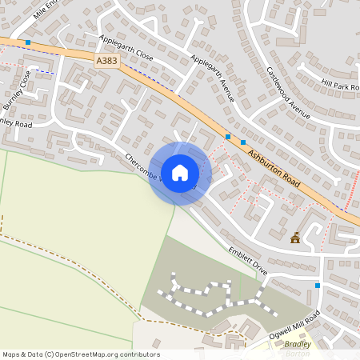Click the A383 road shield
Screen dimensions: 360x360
click(x=106, y=61)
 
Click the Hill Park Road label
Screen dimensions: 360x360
click(x=339, y=85)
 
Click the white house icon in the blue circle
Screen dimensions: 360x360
click(x=179, y=173)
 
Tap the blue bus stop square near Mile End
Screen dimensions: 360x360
click(x=28, y=42)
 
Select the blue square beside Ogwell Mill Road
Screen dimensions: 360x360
click(x=318, y=286)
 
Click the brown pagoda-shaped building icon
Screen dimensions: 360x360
click(x=296, y=237)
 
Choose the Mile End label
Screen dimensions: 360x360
click(x=46, y=9)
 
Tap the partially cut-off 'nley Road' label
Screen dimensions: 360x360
click(x=16, y=124)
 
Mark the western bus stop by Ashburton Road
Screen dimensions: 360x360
click(x=228, y=137)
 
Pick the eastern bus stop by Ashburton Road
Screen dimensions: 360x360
click(x=242, y=142)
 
